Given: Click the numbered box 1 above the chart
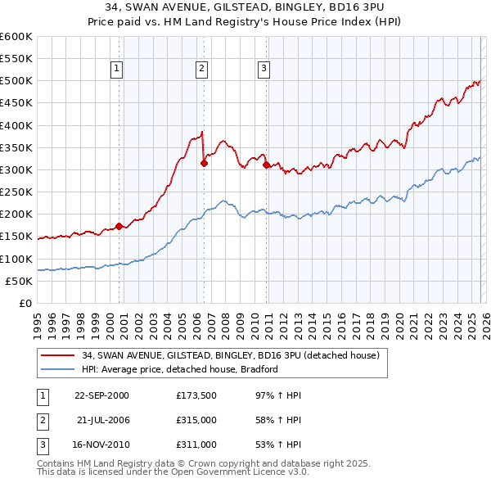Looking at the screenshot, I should pyautogui.click(x=118, y=70).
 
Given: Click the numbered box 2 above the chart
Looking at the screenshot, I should pyautogui.click(x=201, y=70).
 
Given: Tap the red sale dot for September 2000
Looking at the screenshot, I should pyautogui.click(x=119, y=226).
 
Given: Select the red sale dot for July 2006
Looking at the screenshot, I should pyautogui.click(x=204, y=163).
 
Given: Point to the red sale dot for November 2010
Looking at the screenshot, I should pyautogui.click(x=267, y=165).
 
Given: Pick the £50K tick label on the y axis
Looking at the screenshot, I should pyautogui.click(x=19, y=281).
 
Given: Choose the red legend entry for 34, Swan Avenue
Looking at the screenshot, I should pyautogui.click(x=230, y=355).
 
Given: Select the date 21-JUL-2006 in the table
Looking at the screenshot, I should pyautogui.click(x=101, y=420).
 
